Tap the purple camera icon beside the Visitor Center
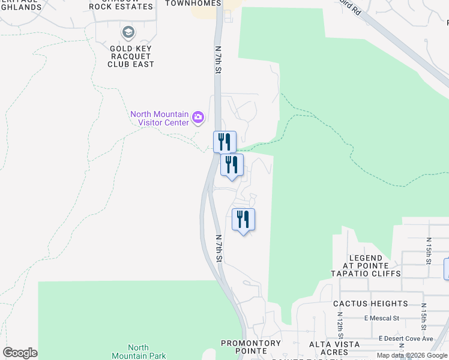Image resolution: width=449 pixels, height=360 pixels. (x=198, y=118)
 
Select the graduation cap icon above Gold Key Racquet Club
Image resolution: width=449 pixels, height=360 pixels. (x=128, y=32)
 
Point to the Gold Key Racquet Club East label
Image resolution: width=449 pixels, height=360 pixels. (x=131, y=56)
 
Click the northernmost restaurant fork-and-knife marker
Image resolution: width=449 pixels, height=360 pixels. (x=224, y=142)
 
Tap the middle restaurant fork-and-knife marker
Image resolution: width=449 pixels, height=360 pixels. (x=232, y=164)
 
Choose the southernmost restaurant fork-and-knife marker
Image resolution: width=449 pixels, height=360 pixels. (x=243, y=219)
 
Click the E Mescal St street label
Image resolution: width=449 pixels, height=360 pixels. (x=381, y=318)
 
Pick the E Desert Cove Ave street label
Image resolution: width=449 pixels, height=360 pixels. (x=406, y=339)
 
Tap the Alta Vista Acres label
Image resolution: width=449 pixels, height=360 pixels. (x=334, y=348)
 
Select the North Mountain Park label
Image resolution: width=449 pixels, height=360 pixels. (x=139, y=352)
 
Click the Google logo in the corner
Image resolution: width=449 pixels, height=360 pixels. (x=20, y=353)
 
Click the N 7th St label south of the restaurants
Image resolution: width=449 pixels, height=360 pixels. (x=219, y=248)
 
